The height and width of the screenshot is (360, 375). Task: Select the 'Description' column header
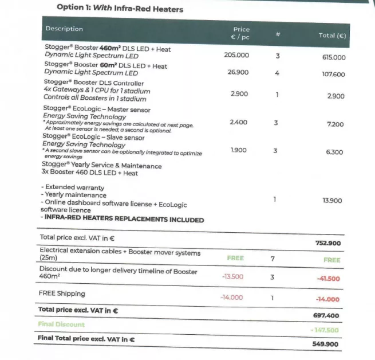pos(64,29)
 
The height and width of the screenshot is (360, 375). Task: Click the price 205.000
pos(236,55)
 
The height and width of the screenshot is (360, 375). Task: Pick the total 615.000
pos(334,58)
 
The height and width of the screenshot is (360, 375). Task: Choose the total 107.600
pos(334,75)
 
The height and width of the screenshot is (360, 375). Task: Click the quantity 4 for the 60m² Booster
pos(277,73)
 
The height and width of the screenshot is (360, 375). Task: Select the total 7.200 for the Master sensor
pos(335,124)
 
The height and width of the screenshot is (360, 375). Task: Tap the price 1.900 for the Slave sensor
pos(239,150)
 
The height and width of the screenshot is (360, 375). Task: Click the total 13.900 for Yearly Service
pos(333,201)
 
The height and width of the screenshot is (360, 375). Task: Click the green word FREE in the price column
pos(235,258)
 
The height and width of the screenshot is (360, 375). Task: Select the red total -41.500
pos(328,279)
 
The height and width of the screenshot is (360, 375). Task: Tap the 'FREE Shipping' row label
pos(62,294)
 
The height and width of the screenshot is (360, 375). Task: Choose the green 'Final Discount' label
pos(61,324)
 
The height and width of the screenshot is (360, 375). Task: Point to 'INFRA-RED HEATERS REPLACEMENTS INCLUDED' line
pos(122,220)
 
